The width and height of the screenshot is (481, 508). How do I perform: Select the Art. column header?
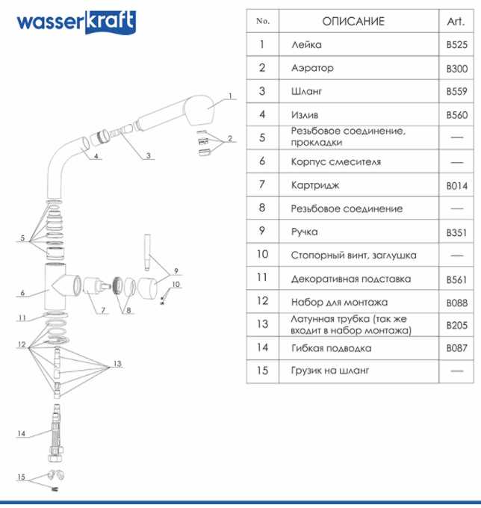(x=456, y=21)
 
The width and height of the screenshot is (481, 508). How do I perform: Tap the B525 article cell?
(x=456, y=45)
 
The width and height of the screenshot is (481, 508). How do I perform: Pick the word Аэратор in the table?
(x=312, y=68)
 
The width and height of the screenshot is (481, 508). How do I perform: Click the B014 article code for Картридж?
(x=456, y=185)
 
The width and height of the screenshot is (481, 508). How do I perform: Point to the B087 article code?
(x=456, y=348)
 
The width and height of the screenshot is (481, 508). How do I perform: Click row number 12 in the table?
(x=262, y=302)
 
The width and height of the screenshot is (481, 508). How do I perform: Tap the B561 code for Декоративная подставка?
(x=456, y=279)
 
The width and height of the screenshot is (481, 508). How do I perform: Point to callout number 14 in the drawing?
(x=21, y=433)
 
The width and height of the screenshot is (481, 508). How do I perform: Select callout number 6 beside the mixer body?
(x=23, y=293)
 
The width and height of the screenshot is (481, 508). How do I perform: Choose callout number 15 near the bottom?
(x=21, y=477)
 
